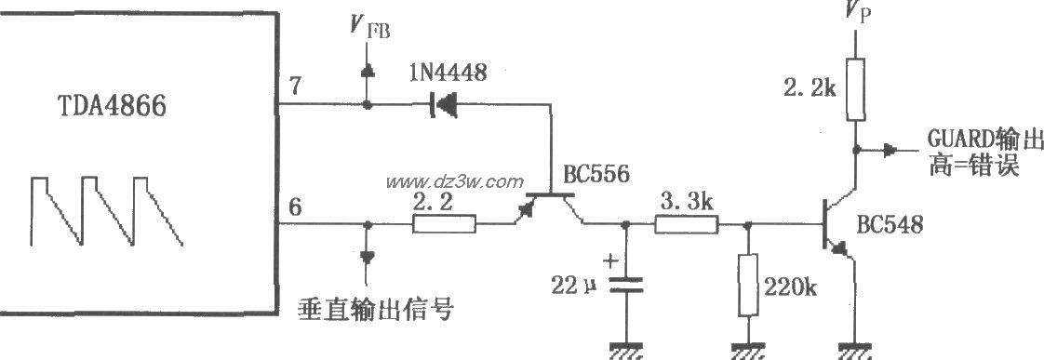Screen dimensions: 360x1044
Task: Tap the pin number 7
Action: pyautogui.click(x=295, y=87)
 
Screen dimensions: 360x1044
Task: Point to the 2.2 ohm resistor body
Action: pyautogui.click(x=444, y=223)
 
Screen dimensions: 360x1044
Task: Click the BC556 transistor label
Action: pyautogui.click(x=596, y=174)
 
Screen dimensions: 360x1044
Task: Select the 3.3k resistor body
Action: pyautogui.click(x=686, y=223)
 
